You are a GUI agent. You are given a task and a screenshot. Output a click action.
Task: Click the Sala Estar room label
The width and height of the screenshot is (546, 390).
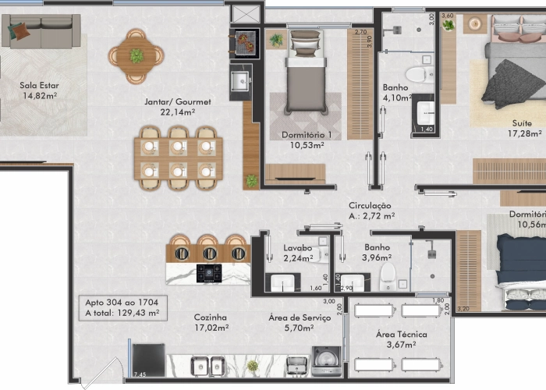pyautogui.click(x=40, y=90)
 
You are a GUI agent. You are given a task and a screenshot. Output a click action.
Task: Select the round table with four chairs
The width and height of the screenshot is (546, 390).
pyautogui.click(x=136, y=55)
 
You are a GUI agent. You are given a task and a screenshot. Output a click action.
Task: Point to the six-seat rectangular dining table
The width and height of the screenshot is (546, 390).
pyautogui.click(x=178, y=158)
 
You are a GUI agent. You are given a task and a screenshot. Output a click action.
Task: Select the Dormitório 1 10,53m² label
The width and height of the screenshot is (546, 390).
pyautogui.click(x=306, y=140)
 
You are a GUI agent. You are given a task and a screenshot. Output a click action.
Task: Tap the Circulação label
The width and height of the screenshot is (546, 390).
pyautogui.click(x=370, y=210)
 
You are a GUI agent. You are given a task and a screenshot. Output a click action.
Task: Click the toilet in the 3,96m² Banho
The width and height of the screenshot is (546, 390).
pyautogui.click(x=388, y=275)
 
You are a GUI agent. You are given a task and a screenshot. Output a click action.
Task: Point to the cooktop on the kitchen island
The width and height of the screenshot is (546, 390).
pyautogui.click(x=209, y=273)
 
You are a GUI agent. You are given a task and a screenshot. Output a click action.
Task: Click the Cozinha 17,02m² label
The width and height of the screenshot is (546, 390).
pyautogui.click(x=211, y=323)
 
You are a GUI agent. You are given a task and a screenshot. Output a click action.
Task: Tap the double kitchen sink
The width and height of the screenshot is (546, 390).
pyautogui.click(x=207, y=365)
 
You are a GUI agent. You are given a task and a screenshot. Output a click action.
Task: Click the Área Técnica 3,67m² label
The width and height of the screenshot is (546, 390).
pyautogui.click(x=396, y=339)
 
